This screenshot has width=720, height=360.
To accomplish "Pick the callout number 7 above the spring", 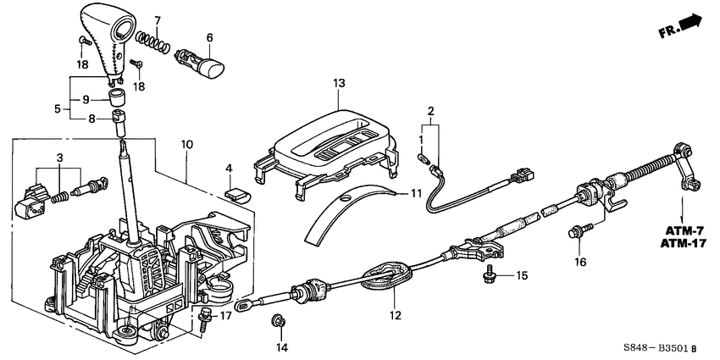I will tap(157, 19).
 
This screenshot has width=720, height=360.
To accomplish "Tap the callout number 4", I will tap(230, 168).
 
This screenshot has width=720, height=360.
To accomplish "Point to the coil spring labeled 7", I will tap(154, 39).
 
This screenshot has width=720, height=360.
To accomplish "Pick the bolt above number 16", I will tap(579, 230).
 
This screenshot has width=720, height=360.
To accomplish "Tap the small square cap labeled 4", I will tap(239, 191).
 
